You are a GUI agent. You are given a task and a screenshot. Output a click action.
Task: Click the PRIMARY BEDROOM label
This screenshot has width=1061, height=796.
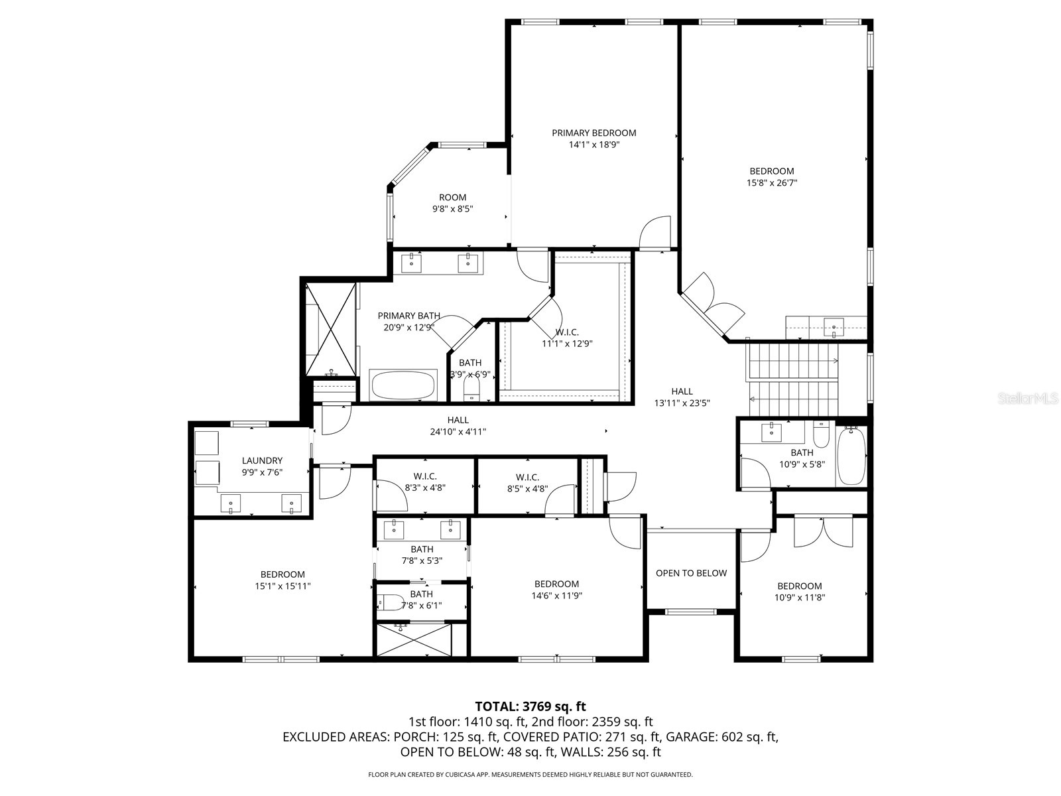coord(593,133)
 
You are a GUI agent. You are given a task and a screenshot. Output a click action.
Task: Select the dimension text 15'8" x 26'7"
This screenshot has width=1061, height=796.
coord(771,182)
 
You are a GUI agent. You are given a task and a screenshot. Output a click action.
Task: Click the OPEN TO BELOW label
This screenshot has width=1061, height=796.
coord(691,573)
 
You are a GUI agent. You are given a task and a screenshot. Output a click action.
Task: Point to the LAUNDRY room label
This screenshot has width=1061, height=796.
coord(262,461)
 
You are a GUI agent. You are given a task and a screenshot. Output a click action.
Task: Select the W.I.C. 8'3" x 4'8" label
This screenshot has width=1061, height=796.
coord(424,482)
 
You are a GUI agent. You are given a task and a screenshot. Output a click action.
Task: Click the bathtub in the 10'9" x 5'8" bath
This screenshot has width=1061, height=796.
coord(851,456)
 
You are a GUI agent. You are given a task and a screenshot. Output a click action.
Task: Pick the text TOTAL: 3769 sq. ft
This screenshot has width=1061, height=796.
coord(530,706)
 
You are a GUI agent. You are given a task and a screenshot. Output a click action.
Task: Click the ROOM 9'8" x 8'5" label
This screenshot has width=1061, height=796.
coord(452,203)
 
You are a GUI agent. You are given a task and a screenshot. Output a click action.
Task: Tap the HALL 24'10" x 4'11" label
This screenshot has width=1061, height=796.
coord(458,425)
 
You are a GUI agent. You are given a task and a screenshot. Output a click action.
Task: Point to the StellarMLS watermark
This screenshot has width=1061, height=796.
coord(1028,399)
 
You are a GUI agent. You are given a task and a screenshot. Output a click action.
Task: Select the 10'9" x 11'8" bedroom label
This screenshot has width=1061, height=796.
coord(799,592)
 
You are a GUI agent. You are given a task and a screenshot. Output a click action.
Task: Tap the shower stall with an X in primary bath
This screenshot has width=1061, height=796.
coord(330,328)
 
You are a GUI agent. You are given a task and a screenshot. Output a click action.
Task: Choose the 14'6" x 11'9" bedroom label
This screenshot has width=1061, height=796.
coord(556,590)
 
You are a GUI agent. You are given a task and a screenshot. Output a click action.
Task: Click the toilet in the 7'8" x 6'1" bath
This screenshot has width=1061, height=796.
coord(391,602)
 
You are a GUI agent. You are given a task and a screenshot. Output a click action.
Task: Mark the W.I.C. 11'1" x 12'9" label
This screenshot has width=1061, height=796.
coord(567,338)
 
